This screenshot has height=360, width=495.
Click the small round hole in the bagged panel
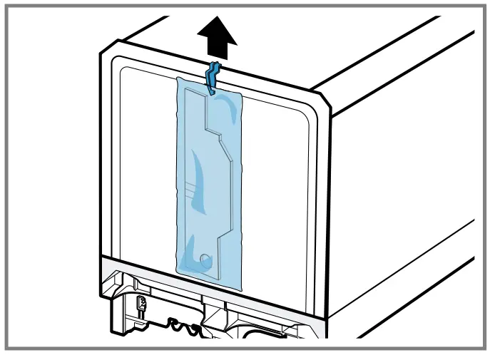[205, 258]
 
